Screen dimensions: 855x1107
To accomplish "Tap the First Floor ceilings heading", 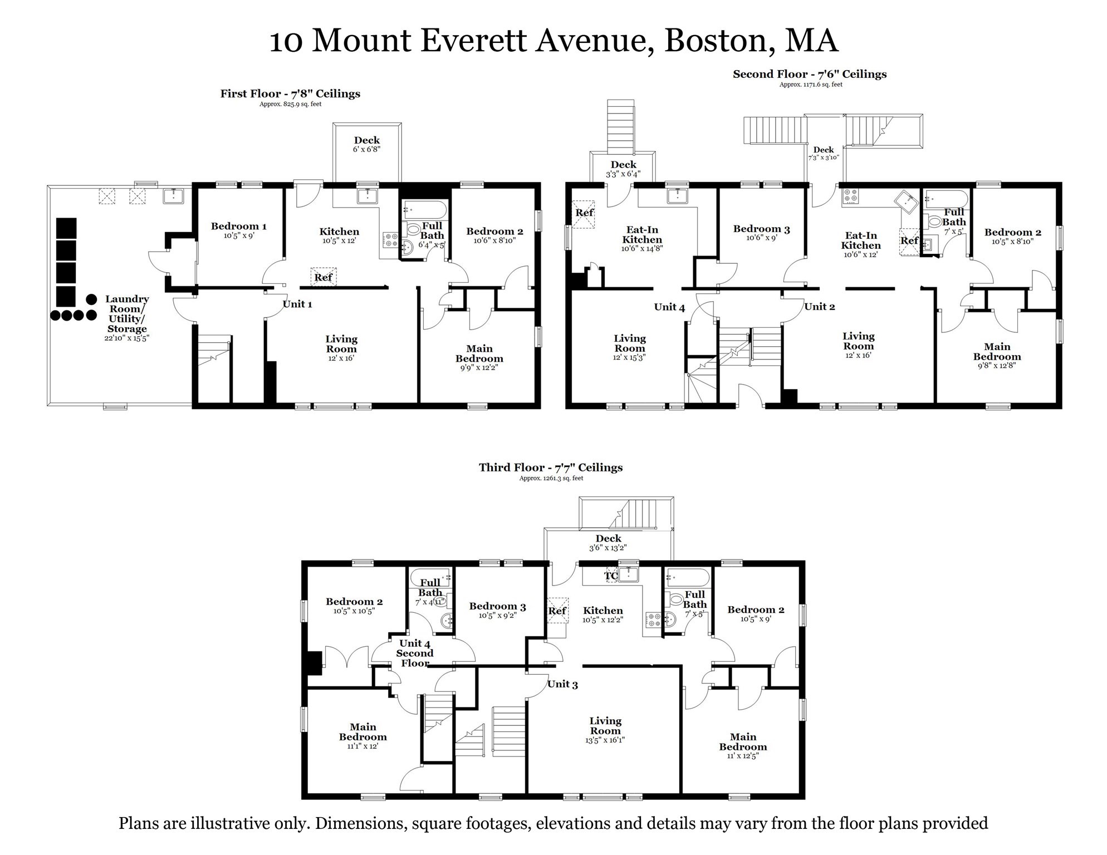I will coord(290,94).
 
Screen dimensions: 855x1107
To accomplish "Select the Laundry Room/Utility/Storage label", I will coord(127,314).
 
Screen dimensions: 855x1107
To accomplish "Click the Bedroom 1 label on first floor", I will coord(238,226).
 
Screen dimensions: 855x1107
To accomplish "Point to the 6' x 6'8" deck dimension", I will coord(366,149).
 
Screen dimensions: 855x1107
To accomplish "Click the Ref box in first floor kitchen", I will coord(324,277).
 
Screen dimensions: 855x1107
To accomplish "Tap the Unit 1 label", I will coord(297,304).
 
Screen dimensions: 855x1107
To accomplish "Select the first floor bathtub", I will coord(425,210).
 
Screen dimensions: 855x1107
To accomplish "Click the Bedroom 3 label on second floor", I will coord(761,229).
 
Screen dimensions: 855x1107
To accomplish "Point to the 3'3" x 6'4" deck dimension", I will coord(623,174).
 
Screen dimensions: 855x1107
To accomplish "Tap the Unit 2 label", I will coord(819,307).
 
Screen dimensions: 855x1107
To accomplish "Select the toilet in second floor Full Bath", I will coord(935,221).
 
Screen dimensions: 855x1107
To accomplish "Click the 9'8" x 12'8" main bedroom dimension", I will coord(997,366).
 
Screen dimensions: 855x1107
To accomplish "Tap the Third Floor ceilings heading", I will coord(551,468).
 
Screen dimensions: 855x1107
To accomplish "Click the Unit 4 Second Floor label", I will coord(415,653).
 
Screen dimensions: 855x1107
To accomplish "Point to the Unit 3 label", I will coord(562,684).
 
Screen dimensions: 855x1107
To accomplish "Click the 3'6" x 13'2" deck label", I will coord(608,548).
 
